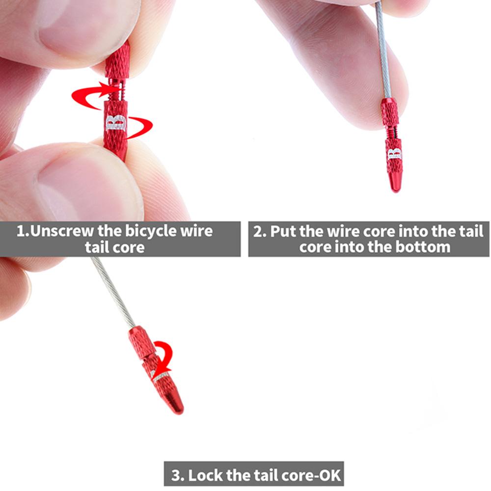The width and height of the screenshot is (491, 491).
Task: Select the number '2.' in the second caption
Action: coord(260,231)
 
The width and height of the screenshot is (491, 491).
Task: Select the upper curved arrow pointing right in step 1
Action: coord(93,94)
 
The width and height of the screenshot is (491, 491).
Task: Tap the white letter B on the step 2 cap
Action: coord(394,154)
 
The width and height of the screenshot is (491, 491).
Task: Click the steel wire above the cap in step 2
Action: coord(383,54)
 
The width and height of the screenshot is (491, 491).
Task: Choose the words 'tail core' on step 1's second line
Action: coord(114,246)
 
